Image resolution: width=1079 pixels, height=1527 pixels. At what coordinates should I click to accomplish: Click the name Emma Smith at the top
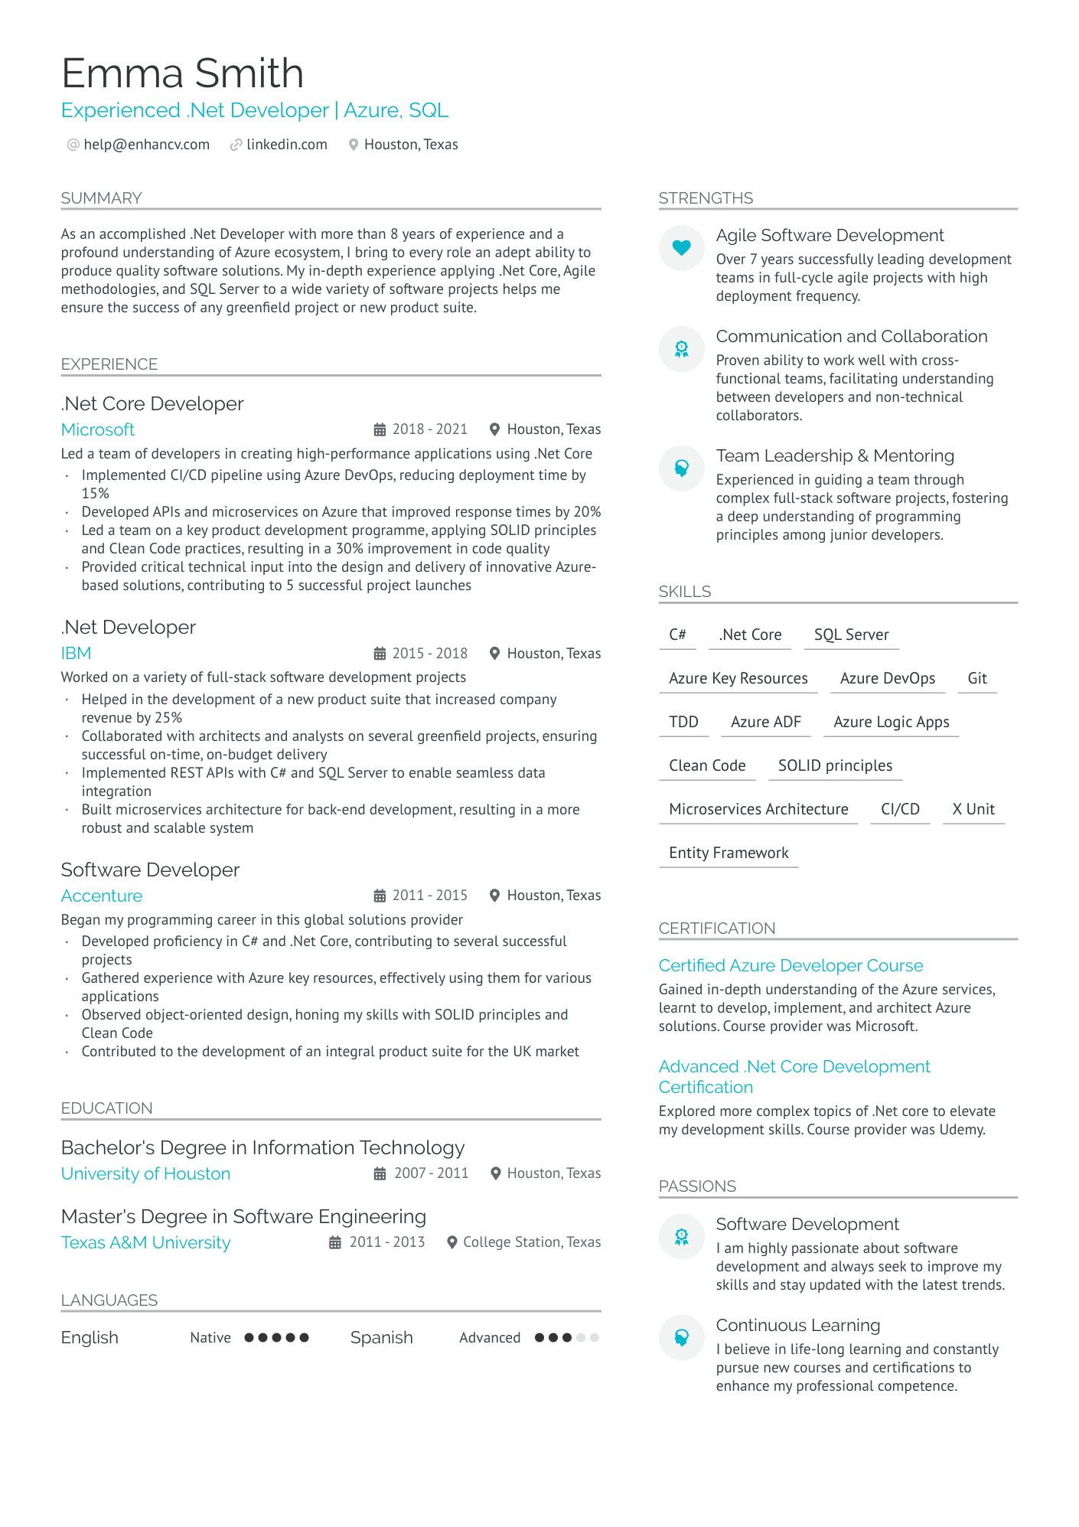(x=182, y=73)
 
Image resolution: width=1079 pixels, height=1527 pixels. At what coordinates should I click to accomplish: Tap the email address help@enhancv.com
(x=146, y=145)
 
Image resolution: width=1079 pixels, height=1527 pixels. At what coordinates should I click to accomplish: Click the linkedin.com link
(x=286, y=145)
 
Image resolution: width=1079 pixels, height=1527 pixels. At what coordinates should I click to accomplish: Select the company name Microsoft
(x=98, y=429)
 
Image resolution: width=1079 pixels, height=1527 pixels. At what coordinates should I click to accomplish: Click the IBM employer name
(x=76, y=653)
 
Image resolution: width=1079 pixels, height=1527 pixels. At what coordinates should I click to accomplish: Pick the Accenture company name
(x=102, y=896)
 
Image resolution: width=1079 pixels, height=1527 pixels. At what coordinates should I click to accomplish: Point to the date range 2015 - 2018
(x=429, y=654)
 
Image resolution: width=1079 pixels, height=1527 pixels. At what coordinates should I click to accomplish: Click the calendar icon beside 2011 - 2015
(x=380, y=896)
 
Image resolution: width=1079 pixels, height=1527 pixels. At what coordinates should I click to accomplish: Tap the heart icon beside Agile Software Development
(x=681, y=247)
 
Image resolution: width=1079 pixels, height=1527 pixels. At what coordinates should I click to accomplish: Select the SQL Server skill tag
(x=851, y=635)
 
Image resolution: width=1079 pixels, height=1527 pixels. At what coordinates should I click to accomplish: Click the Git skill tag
(x=976, y=678)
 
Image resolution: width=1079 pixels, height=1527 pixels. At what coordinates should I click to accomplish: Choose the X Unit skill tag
(x=973, y=809)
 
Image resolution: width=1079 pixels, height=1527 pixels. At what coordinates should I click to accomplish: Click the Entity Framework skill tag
(x=729, y=853)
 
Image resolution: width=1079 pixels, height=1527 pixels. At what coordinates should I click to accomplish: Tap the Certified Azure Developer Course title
(x=791, y=965)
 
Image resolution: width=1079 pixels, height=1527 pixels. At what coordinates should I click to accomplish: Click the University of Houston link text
(x=145, y=1173)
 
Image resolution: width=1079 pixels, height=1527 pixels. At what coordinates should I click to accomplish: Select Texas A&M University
(x=145, y=1242)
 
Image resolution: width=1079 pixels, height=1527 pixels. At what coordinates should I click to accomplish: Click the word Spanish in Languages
(x=381, y=1337)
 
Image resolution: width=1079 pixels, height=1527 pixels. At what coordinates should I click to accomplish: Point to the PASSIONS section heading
(x=697, y=1186)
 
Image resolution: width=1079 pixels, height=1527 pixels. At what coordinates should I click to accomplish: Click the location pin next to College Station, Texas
(x=452, y=1242)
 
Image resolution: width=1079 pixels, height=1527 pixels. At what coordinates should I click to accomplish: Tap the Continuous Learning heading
(x=797, y=1325)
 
